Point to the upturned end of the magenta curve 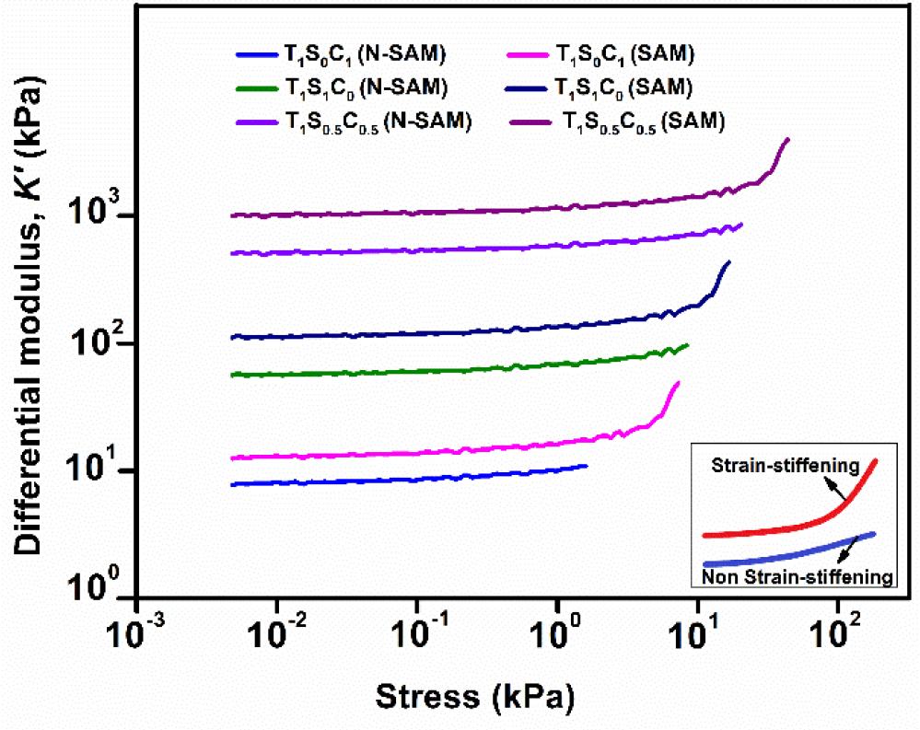[678, 383]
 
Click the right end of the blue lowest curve [586, 466]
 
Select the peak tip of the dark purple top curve [787, 139]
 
